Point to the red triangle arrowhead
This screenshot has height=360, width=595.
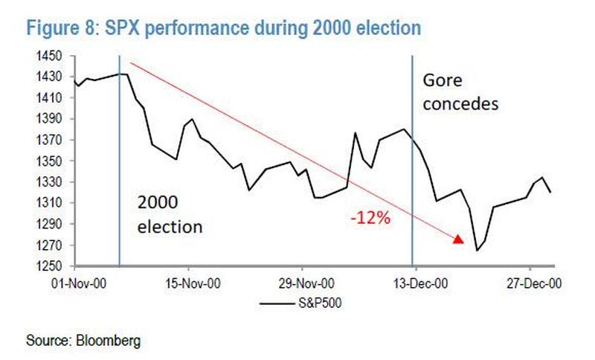tap(458, 239)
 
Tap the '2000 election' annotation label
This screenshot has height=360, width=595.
tap(170, 215)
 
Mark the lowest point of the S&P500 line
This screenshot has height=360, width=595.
tap(477, 251)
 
